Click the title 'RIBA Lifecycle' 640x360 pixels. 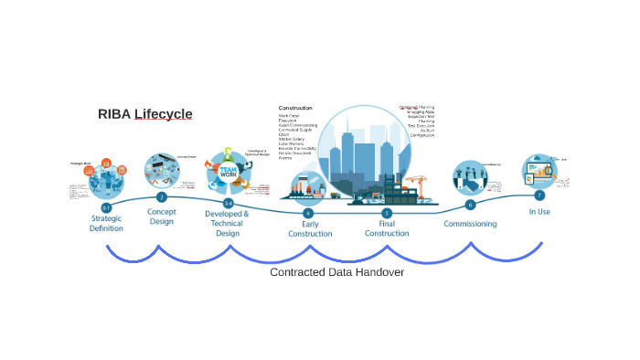pyautogui.click(x=145, y=114)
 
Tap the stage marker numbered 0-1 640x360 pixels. pyautogui.click(x=107, y=208)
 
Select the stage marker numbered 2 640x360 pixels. pyautogui.click(x=162, y=196)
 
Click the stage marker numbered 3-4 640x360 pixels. pyautogui.click(x=228, y=203)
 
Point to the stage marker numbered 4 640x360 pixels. pyautogui.click(x=308, y=213)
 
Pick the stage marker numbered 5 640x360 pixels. pyautogui.click(x=387, y=213)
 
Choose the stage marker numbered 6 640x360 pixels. pyautogui.click(x=470, y=205)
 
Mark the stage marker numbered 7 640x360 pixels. pyautogui.click(x=539, y=195)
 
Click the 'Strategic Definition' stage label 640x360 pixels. pyautogui.click(x=107, y=224)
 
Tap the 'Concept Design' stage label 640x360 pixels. pyautogui.click(x=162, y=216)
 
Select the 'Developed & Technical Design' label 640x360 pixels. pyautogui.click(x=227, y=223)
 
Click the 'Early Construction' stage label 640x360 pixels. pyautogui.click(x=308, y=228)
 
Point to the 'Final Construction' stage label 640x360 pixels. pyautogui.click(x=387, y=228)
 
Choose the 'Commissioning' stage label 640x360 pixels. pyautogui.click(x=470, y=224)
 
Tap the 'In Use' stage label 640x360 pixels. pyautogui.click(x=539, y=211)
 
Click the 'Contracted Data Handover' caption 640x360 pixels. pyautogui.click(x=336, y=272)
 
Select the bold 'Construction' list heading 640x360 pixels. pyautogui.click(x=302, y=108)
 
